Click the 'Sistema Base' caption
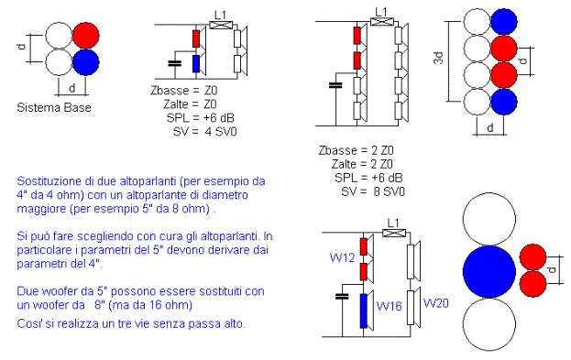pyautogui.click(x=54, y=108)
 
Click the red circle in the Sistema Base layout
pyautogui.click(x=86, y=36)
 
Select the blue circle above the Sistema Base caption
pyautogui.click(x=86, y=62)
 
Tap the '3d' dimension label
pyautogui.click(x=438, y=59)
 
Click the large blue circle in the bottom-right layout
pyautogui.click(x=489, y=271)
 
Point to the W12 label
pyautogui.click(x=342, y=257)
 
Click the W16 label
pyautogui.click(x=389, y=306)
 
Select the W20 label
pyautogui.click(x=436, y=303)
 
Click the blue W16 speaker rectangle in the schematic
pyautogui.click(x=364, y=311)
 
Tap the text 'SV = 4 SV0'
pyautogui.click(x=205, y=131)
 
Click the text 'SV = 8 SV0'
pyautogui.click(x=373, y=191)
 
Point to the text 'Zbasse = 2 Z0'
pyautogui.click(x=357, y=150)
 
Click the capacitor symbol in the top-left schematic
pyautogui.click(x=175, y=64)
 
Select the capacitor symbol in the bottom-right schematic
pyautogui.click(x=342, y=296)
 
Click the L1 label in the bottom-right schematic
pyautogui.click(x=393, y=223)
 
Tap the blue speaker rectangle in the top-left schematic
pyautogui.click(x=196, y=64)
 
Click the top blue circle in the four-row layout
pyautogui.click(x=504, y=21)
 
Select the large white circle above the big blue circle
pyautogui.click(x=489, y=219)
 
